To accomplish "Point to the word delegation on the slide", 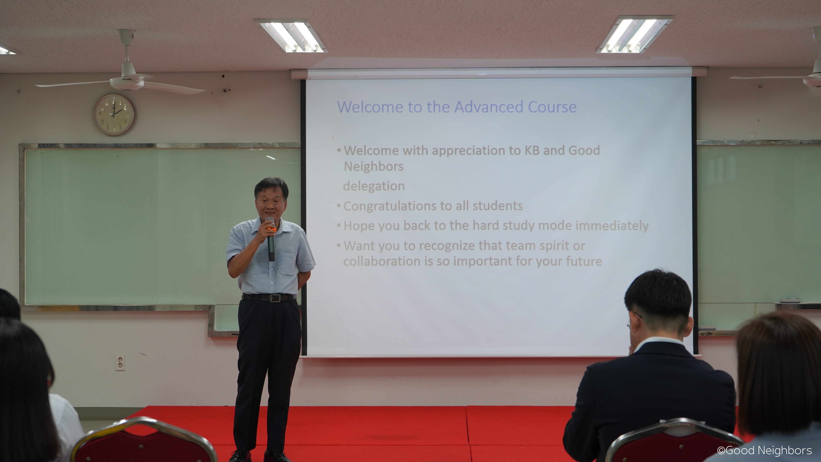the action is point(374,186).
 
